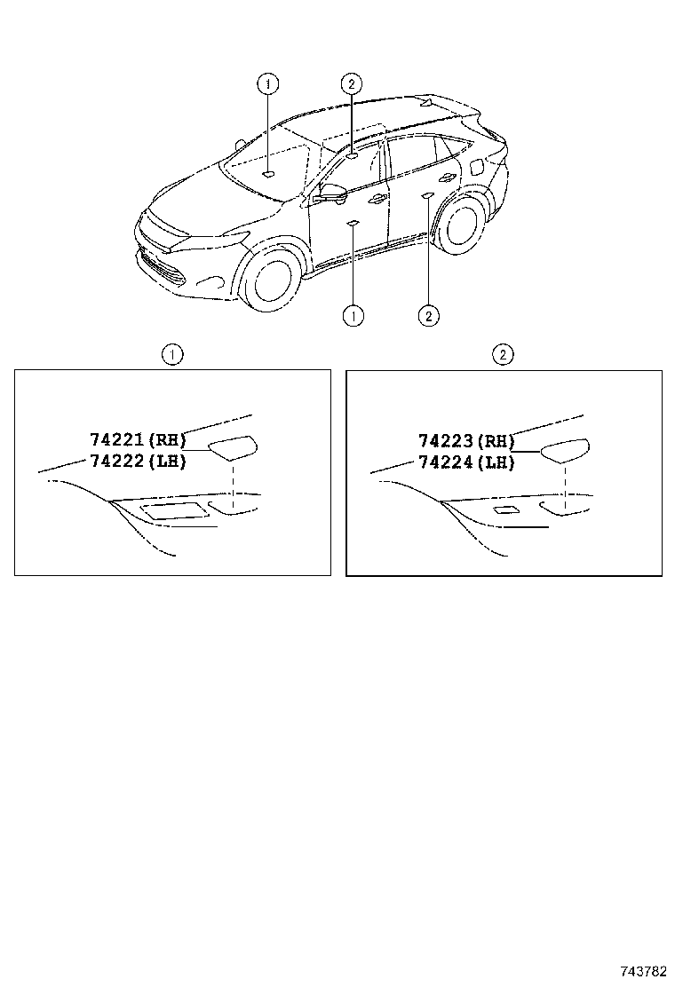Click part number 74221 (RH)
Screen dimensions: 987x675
[138, 438]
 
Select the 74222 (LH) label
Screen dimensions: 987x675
[138, 462]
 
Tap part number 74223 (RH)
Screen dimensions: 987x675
[467, 439]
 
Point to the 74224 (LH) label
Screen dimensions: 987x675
[467, 462]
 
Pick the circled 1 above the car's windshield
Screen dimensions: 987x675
[267, 84]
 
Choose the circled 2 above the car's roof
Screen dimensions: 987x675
[352, 84]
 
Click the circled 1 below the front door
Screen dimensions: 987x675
[353, 315]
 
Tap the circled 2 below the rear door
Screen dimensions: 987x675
[428, 315]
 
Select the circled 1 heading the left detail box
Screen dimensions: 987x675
[172, 355]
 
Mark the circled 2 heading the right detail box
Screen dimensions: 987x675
[503, 355]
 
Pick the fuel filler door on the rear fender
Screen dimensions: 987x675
[475, 165]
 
